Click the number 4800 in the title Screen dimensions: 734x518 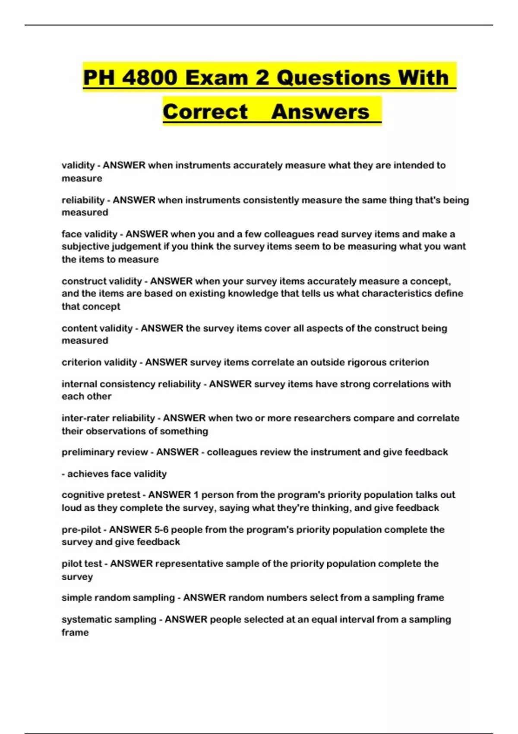(x=149, y=78)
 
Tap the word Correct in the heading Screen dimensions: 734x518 (x=205, y=112)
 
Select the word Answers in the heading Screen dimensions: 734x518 (x=320, y=112)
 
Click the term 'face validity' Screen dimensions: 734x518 (x=89, y=234)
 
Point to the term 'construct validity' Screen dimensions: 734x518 (x=101, y=281)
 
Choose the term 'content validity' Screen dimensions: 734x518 (x=97, y=328)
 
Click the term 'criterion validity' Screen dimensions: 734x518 (x=99, y=362)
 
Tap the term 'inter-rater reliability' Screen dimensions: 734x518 (x=108, y=418)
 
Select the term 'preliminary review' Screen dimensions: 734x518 (x=104, y=452)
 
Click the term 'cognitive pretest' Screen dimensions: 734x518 (x=101, y=495)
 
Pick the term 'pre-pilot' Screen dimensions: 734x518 (x=81, y=529)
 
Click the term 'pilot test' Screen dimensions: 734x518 (x=82, y=563)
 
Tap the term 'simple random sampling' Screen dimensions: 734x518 (x=118, y=598)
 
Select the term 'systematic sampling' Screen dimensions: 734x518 (x=109, y=619)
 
